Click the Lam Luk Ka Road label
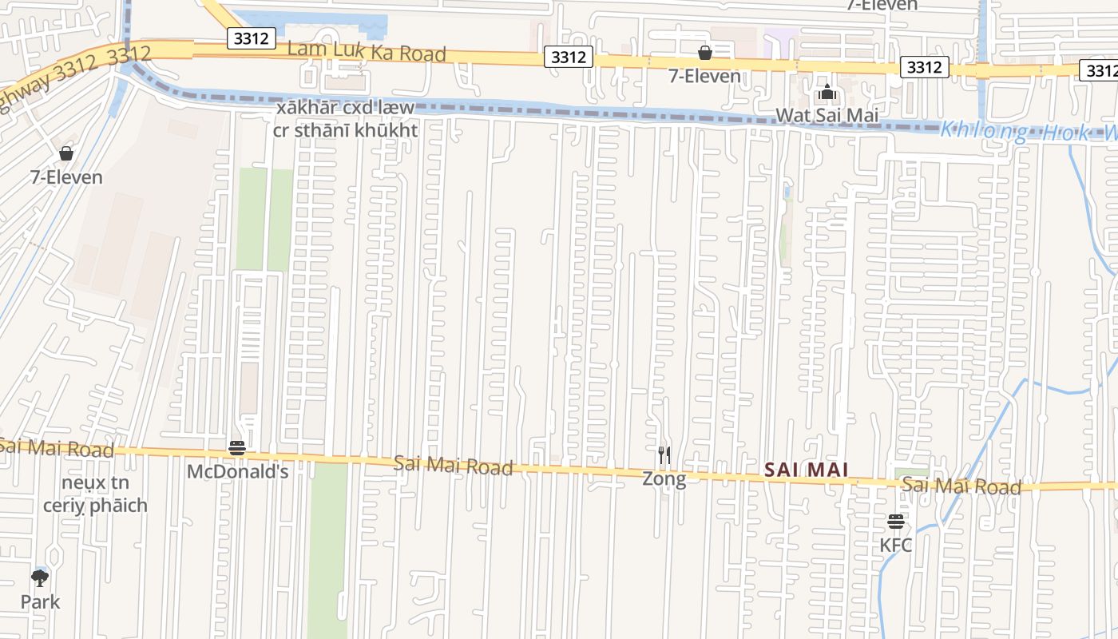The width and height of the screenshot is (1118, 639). pyautogui.click(x=366, y=51)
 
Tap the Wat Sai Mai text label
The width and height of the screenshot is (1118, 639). pyautogui.click(x=827, y=115)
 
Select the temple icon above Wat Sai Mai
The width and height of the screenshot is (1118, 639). pyautogui.click(x=827, y=92)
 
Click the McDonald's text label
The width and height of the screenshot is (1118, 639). pyautogui.click(x=237, y=472)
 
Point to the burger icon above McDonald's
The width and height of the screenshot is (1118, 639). pyautogui.click(x=237, y=448)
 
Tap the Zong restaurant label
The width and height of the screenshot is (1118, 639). pyautogui.click(x=664, y=478)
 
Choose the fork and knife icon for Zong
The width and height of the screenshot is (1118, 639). pyautogui.click(x=664, y=455)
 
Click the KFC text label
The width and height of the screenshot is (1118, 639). pyautogui.click(x=896, y=546)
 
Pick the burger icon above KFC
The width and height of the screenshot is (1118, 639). pyautogui.click(x=896, y=522)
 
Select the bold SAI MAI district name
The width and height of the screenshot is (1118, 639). pyautogui.click(x=807, y=470)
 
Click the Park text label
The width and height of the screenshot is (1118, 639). pyautogui.click(x=40, y=601)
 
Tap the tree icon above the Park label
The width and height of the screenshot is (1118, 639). pyautogui.click(x=40, y=577)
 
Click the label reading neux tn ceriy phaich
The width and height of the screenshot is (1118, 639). pyautogui.click(x=95, y=494)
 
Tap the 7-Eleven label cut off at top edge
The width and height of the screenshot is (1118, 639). pyautogui.click(x=882, y=5)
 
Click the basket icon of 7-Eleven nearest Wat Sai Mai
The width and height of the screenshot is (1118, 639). pyautogui.click(x=705, y=54)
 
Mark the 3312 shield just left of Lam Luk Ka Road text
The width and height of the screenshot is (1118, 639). pyautogui.click(x=252, y=38)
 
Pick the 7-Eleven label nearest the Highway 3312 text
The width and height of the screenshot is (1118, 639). pyautogui.click(x=66, y=177)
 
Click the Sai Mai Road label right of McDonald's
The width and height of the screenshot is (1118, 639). pyautogui.click(x=453, y=466)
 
